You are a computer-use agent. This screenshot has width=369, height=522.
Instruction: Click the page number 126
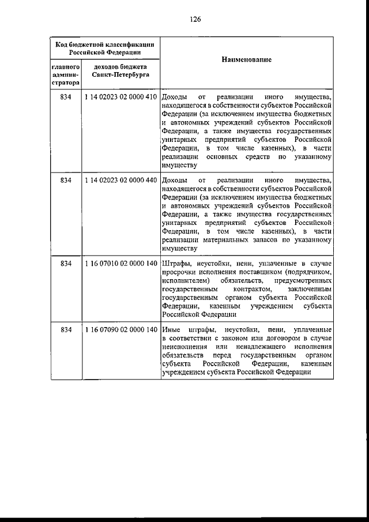click(x=195, y=19)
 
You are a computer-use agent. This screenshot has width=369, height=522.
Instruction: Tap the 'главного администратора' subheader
click(x=65, y=75)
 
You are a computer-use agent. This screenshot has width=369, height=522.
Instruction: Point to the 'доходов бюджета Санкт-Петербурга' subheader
click(x=121, y=72)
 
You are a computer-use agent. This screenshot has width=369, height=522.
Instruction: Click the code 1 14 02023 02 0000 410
click(x=121, y=97)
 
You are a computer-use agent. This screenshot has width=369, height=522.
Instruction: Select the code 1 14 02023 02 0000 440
click(x=121, y=180)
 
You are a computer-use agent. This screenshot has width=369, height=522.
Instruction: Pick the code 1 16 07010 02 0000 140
click(x=121, y=264)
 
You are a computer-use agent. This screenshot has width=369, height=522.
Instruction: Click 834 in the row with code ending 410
click(x=65, y=97)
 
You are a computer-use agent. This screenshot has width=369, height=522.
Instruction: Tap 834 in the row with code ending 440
click(x=65, y=180)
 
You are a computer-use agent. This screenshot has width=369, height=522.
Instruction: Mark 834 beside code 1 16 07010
click(x=65, y=264)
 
